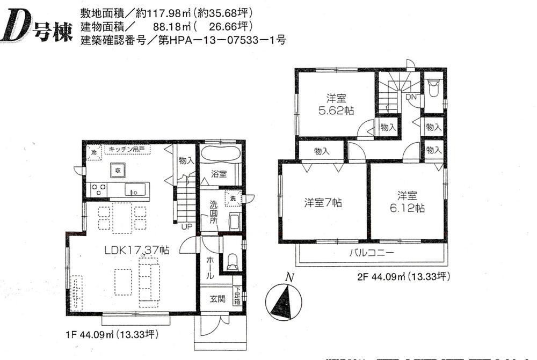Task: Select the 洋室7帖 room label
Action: [323, 203]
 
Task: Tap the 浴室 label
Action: [219, 174]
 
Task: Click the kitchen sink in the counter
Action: [136, 189]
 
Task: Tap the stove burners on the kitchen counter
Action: [98, 189]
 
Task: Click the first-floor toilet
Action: [233, 262]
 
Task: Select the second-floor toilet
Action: [434, 89]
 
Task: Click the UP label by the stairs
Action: [186, 227]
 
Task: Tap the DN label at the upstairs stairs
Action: [411, 97]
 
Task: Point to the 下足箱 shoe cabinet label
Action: [237, 297]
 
